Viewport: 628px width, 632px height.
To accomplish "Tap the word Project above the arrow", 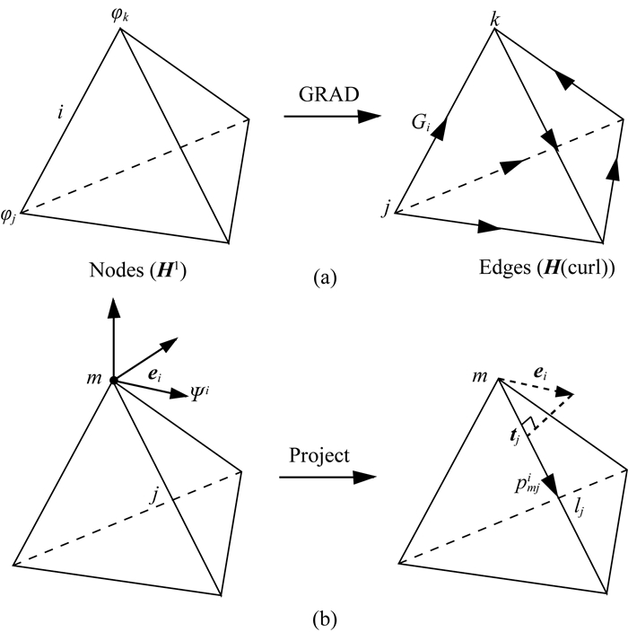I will (x=318, y=455).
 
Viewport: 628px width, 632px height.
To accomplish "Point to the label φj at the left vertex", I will (x=11, y=215).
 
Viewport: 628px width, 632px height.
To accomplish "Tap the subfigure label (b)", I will (x=312, y=618).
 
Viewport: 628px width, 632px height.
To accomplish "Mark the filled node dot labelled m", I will (x=114, y=382).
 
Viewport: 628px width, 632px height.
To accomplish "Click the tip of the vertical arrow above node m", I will (x=114, y=302).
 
